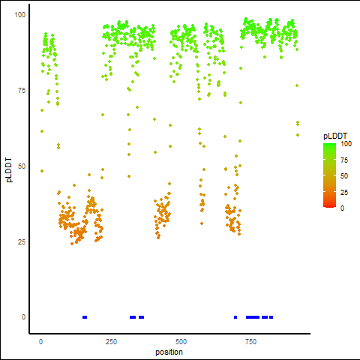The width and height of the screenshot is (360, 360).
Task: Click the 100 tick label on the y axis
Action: coord(20,15)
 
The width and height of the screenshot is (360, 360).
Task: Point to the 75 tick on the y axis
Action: coord(22,91)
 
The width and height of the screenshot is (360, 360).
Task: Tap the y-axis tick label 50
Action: coord(22,166)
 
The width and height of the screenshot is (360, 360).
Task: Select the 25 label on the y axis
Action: coord(22,242)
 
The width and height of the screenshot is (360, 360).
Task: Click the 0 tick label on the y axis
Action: coord(23,317)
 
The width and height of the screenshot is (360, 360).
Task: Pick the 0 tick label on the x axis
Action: coord(40,342)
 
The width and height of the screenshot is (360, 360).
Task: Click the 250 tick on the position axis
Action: coord(111,342)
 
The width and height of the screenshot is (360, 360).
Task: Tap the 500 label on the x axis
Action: coord(181,342)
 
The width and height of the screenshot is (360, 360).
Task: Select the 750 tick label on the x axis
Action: coord(250,342)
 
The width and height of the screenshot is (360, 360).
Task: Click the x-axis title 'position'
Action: coord(169,352)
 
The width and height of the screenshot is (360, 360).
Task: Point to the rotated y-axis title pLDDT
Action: coord(9,170)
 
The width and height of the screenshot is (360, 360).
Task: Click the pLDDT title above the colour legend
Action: coord(335,136)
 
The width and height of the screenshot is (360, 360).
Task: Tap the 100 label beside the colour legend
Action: coord(346,144)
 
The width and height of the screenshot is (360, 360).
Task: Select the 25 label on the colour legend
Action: coord(344,192)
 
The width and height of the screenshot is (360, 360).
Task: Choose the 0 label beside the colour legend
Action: coord(342,208)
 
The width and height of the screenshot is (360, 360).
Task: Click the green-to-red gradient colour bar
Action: coord(329,175)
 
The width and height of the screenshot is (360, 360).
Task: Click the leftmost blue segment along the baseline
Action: coord(85,317)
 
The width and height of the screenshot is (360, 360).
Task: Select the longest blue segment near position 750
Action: coord(253,317)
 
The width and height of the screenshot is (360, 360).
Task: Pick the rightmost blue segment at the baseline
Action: coord(271,317)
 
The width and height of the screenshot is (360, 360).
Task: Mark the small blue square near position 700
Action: coord(235,317)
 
